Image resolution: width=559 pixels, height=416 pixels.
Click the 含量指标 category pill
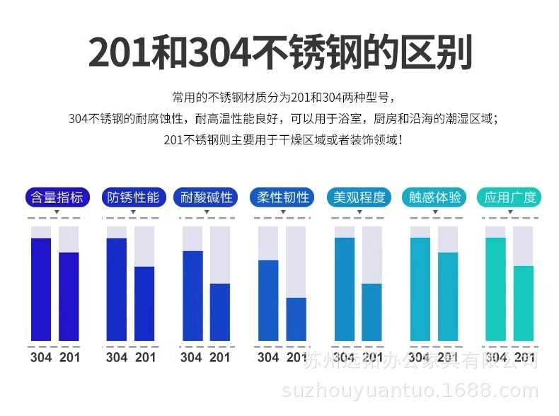point(55,197)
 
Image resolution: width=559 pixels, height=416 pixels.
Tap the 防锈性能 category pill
point(131,197)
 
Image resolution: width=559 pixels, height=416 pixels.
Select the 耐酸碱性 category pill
point(207,197)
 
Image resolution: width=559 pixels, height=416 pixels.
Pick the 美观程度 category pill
point(359,197)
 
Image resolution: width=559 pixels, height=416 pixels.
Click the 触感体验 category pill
point(435,197)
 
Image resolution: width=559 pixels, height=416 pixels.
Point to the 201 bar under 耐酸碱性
point(220,311)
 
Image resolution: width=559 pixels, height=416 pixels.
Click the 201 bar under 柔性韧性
point(296,318)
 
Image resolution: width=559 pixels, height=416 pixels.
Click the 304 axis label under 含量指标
point(41,357)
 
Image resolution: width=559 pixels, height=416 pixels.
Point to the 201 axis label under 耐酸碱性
point(220,357)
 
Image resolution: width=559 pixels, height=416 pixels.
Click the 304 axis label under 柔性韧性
point(268,357)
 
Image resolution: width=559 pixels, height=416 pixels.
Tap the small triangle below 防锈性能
point(131,214)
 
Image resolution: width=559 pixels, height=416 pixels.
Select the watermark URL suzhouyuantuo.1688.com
point(410,391)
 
